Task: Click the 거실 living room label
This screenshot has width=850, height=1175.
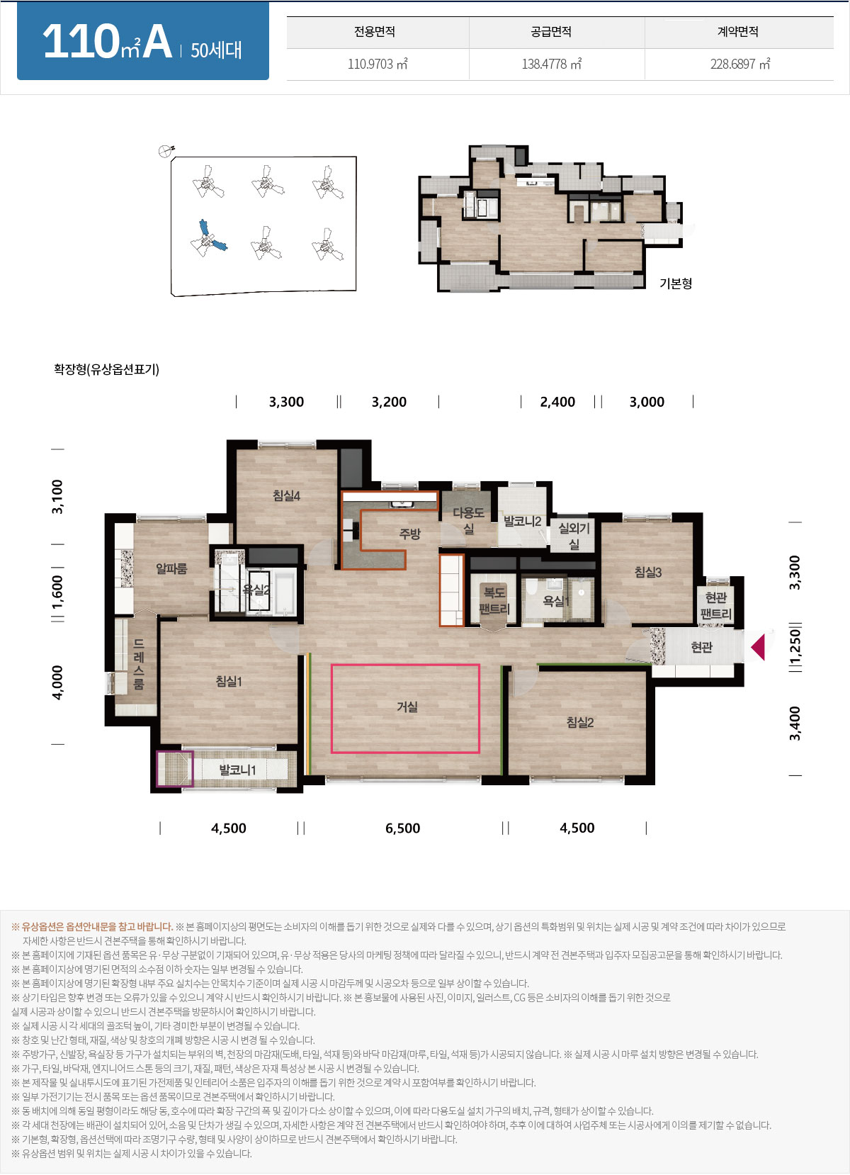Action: (407, 707)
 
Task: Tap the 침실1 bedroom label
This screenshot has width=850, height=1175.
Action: (229, 681)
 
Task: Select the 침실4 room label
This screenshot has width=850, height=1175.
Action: (286, 495)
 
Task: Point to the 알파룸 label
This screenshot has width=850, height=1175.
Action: (171, 568)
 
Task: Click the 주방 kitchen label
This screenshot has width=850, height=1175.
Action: (409, 534)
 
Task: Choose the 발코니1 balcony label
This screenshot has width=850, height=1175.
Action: (237, 770)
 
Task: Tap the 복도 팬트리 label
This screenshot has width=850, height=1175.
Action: (494, 601)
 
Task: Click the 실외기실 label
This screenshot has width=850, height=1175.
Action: (574, 536)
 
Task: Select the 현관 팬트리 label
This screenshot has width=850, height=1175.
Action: (715, 605)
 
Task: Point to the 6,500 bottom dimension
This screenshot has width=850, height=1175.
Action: (403, 828)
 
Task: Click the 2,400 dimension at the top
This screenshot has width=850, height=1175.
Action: (557, 402)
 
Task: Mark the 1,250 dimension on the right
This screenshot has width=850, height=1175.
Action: (795, 647)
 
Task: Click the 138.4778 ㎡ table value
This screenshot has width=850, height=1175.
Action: (552, 64)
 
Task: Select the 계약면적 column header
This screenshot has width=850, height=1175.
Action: (738, 31)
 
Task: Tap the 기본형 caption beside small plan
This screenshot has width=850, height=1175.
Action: (676, 283)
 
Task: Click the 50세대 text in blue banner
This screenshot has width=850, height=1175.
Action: (216, 50)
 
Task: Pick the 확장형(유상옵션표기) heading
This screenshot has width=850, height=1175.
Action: (106, 369)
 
